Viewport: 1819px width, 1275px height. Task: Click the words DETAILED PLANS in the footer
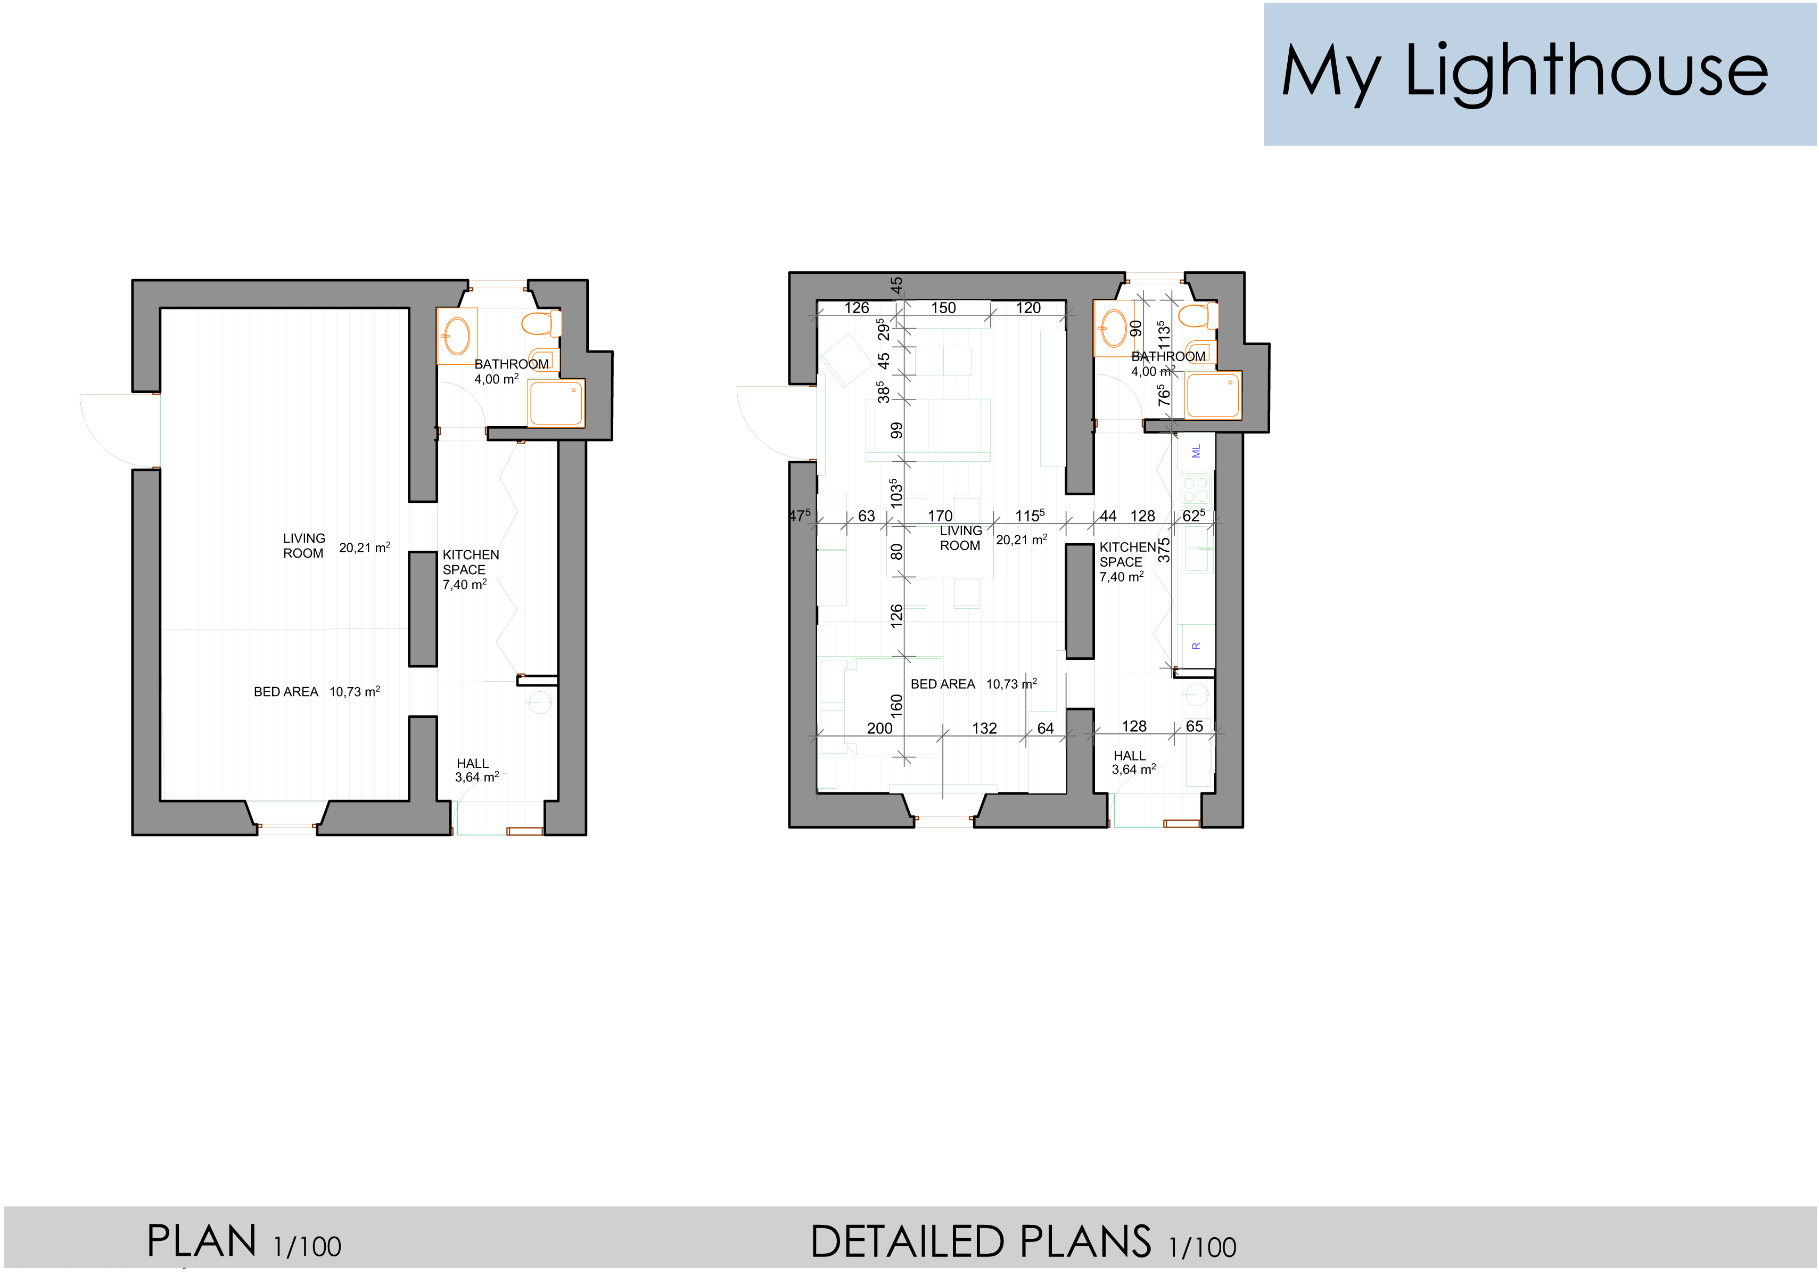tap(980, 1242)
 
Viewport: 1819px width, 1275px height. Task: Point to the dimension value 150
tap(943, 308)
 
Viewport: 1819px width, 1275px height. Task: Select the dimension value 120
tap(1028, 308)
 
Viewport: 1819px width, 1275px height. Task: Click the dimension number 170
tap(941, 516)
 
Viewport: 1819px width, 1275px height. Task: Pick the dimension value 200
tap(879, 728)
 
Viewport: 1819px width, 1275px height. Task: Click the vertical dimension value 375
tap(1164, 550)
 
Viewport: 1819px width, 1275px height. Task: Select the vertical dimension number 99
tap(896, 430)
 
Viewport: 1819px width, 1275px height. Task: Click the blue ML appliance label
tap(1196, 451)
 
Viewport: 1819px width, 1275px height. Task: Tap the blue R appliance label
tap(1196, 646)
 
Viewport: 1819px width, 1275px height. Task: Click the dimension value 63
tap(867, 516)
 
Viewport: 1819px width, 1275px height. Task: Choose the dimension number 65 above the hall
tap(1195, 726)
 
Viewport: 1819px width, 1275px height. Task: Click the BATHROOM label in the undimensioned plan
tap(511, 364)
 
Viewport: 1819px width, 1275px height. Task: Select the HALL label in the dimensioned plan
tap(1129, 756)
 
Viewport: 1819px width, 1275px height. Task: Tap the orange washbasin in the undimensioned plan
tap(457, 336)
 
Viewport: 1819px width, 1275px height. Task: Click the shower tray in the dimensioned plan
tap(1212, 395)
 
